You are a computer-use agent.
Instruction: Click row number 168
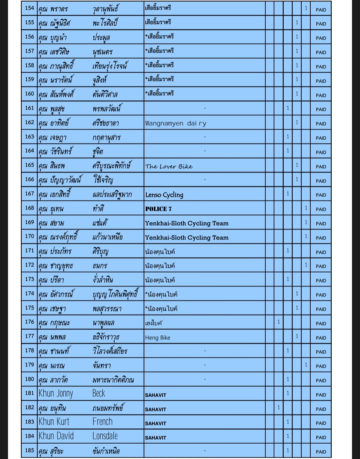(x=29, y=208)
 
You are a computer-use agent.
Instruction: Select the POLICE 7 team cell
(x=158, y=209)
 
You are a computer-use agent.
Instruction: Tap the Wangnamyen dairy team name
(x=176, y=123)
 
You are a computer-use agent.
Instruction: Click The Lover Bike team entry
(x=169, y=166)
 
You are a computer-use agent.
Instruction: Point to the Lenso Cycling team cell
(x=164, y=195)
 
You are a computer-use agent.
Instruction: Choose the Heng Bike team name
(x=158, y=338)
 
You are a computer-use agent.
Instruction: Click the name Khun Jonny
(x=56, y=393)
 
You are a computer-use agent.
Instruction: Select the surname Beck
(x=99, y=393)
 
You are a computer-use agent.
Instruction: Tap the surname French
(x=102, y=422)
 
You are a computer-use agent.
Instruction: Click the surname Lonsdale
(x=105, y=436)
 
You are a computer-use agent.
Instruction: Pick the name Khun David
(x=56, y=436)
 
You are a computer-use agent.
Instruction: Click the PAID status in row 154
(x=321, y=10)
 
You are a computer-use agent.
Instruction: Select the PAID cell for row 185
(x=321, y=452)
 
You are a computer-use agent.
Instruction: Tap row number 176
(x=29, y=322)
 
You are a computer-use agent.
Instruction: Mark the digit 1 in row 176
(x=279, y=322)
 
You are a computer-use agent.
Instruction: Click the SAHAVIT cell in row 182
(x=155, y=409)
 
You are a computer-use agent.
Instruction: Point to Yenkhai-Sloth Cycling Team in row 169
(x=187, y=223)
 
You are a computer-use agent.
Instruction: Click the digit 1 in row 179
(x=306, y=365)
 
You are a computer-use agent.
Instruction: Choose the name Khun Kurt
(x=54, y=422)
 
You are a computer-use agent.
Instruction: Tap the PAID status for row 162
(x=321, y=124)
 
